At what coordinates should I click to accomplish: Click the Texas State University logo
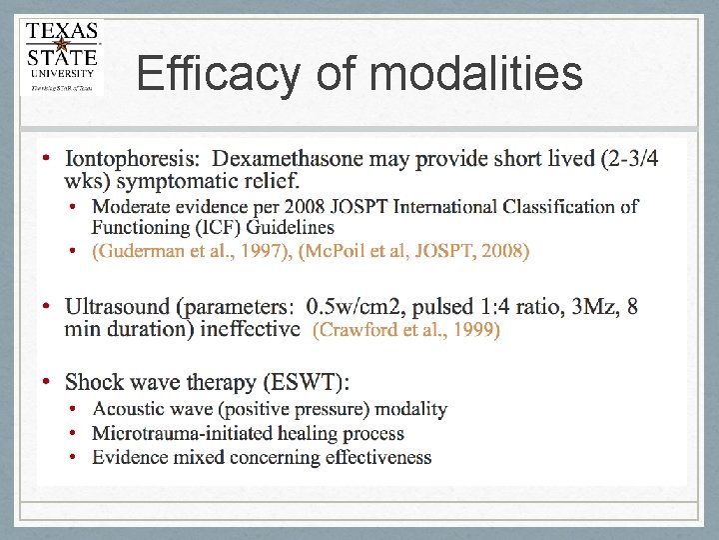pyautogui.click(x=62, y=57)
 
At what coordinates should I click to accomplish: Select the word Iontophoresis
pyautogui.click(x=134, y=159)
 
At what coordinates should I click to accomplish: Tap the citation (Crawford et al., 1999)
pyautogui.click(x=406, y=329)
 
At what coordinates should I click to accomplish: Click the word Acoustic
pyautogui.click(x=129, y=409)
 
